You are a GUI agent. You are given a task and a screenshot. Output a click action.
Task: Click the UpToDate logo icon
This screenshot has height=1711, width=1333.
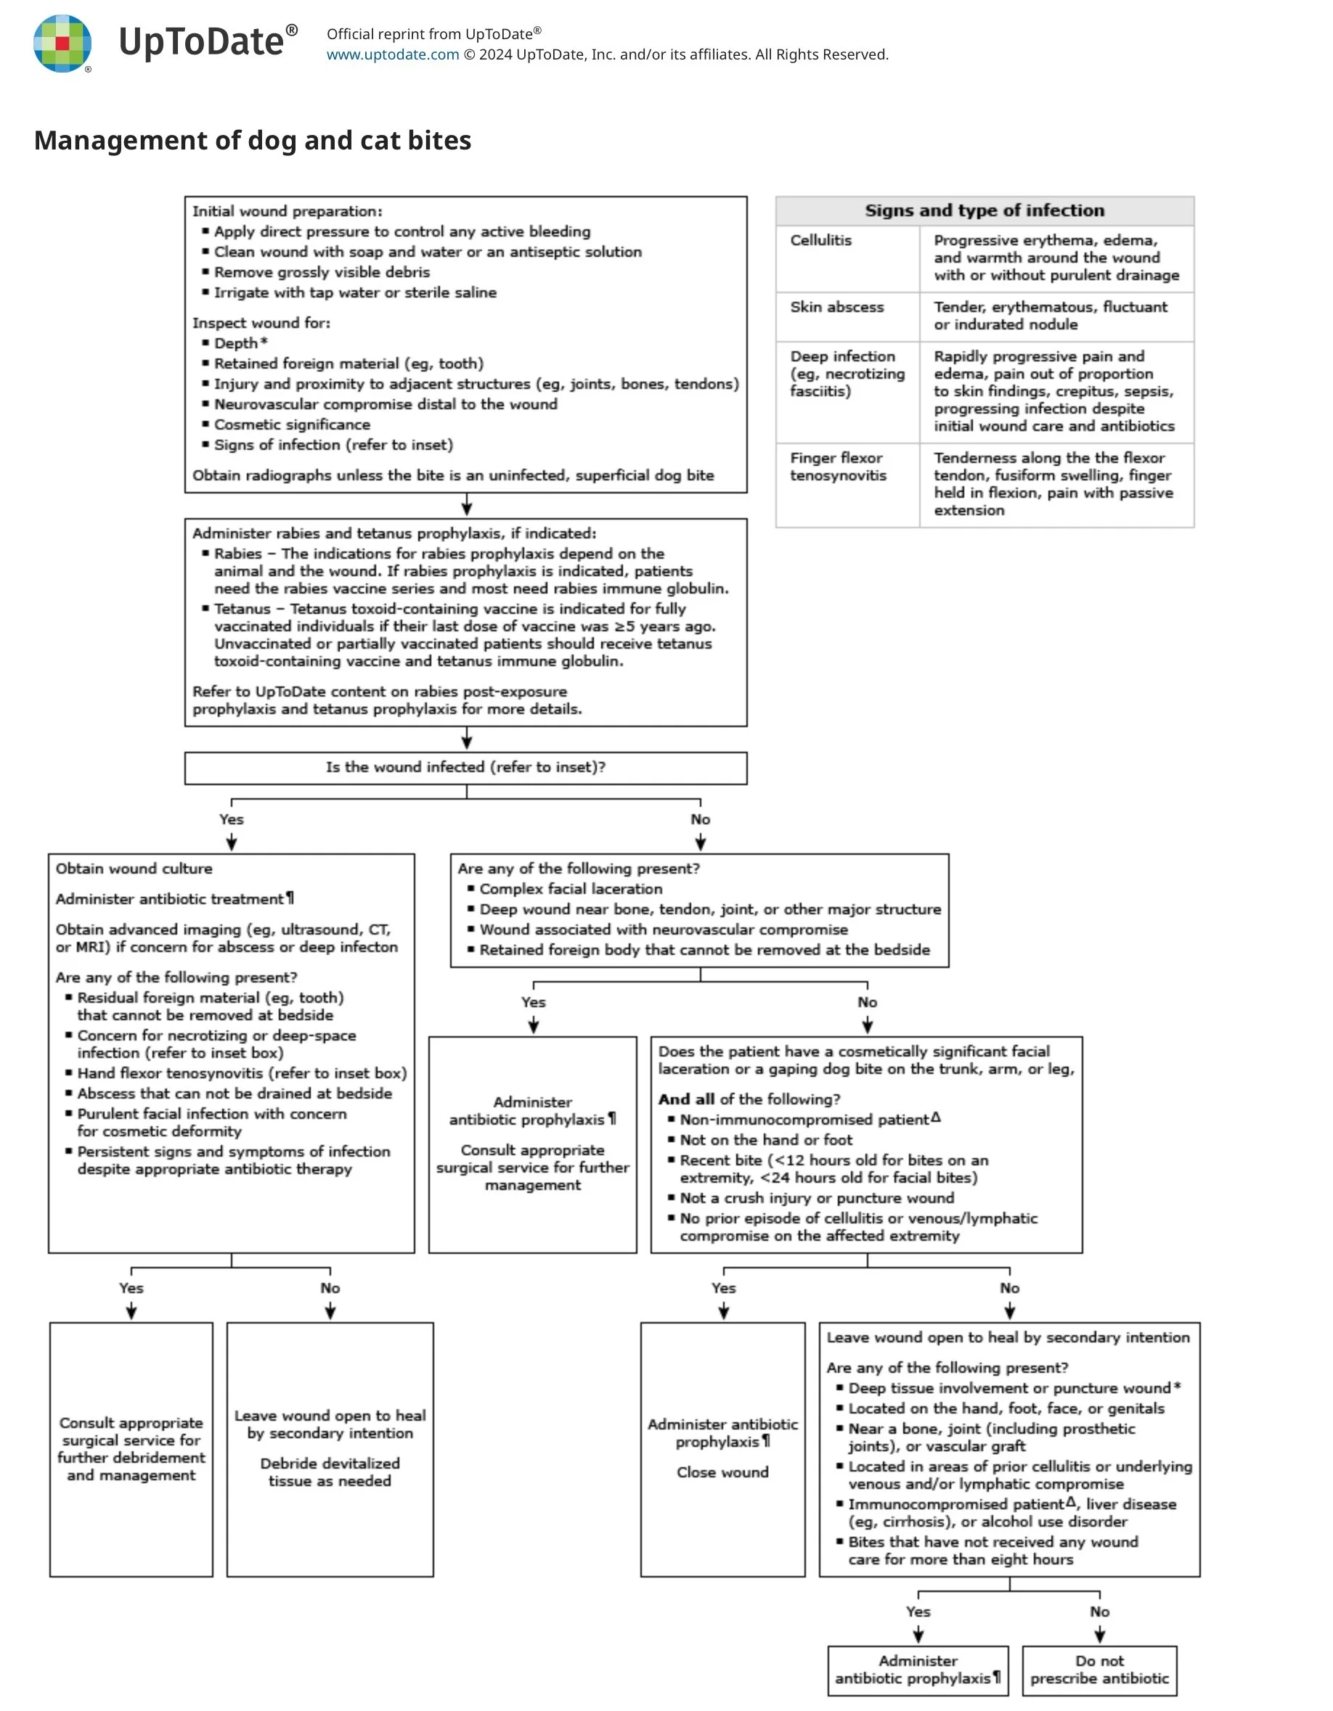click(x=62, y=44)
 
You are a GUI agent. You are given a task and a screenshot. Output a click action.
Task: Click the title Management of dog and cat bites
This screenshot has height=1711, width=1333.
click(x=253, y=140)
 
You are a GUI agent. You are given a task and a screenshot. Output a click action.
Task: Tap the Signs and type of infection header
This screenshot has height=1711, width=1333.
click(x=985, y=210)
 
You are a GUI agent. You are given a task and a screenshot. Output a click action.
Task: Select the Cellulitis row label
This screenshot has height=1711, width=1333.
click(x=820, y=240)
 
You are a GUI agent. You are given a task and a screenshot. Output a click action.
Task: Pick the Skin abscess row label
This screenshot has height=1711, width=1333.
click(x=836, y=307)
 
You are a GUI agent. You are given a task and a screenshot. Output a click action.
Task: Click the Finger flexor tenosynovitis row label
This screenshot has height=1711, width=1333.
click(x=838, y=467)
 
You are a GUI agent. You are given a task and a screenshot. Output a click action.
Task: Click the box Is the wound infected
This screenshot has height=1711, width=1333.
click(x=465, y=768)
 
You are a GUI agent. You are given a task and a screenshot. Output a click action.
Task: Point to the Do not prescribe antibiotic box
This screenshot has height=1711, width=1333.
click(x=1098, y=1670)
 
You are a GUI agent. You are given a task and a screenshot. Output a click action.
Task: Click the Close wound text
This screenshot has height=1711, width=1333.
click(x=722, y=1472)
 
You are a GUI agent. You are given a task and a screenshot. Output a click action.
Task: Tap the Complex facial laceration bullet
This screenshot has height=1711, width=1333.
click(x=571, y=889)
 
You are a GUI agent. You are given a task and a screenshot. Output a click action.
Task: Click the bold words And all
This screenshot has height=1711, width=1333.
click(x=685, y=1099)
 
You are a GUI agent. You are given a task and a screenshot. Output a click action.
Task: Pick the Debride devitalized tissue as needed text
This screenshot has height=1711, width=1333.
click(x=330, y=1472)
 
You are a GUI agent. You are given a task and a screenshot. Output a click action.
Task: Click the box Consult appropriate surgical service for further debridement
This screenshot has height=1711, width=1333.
click(x=131, y=1448)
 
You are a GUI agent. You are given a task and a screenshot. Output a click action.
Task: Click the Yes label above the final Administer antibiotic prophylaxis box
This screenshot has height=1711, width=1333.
click(x=918, y=1612)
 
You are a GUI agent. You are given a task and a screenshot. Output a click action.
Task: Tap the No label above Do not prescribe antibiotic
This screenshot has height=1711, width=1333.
click(x=1099, y=1612)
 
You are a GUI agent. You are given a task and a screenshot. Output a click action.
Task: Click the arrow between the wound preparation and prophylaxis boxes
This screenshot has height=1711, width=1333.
click(x=466, y=505)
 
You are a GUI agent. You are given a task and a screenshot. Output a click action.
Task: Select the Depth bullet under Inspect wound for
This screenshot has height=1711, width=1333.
click(x=236, y=343)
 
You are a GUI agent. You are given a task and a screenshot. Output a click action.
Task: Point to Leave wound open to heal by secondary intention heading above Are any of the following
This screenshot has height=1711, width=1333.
click(x=1008, y=1337)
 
